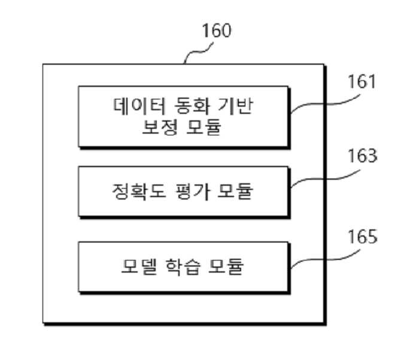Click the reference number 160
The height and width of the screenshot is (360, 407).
[217, 31]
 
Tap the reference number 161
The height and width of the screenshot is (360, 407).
[362, 81]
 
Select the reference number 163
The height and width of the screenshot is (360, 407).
[362, 156]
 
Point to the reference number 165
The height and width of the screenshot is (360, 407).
[362, 237]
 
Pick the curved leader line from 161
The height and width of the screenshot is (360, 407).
[324, 104]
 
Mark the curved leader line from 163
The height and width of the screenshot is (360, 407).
[324, 179]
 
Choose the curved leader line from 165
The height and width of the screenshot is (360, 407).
[324, 259]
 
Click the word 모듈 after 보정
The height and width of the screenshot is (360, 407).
[203, 127]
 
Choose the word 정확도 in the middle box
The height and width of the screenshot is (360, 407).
[139, 191]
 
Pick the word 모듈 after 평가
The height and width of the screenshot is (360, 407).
[235, 191]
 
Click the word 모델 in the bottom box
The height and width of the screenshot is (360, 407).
[139, 266]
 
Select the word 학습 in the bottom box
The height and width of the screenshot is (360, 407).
[183, 266]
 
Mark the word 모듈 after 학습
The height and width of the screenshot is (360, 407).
[226, 266]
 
